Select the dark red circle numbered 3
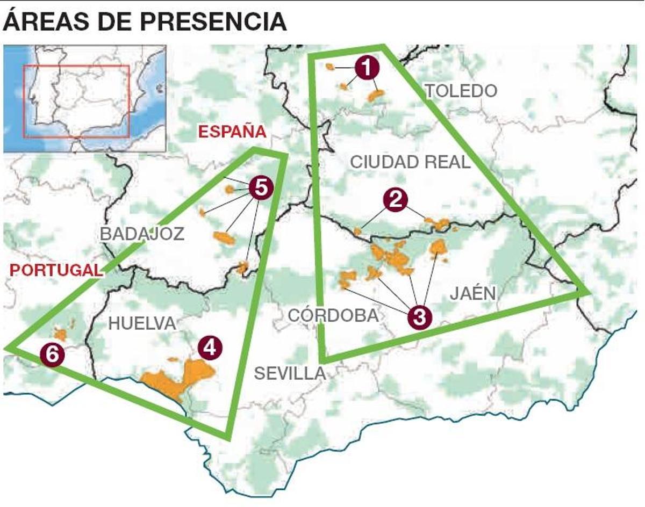pos(420,317)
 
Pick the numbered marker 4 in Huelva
pos(209,349)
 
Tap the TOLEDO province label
pos(461,91)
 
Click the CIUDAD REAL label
pos(410,162)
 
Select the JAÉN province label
pos(472,293)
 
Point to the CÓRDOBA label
pos(333,315)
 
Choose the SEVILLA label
pos(290,373)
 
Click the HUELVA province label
pos(142,323)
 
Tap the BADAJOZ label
pos(142,234)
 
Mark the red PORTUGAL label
pos(56,270)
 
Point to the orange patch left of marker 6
pos(60,335)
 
